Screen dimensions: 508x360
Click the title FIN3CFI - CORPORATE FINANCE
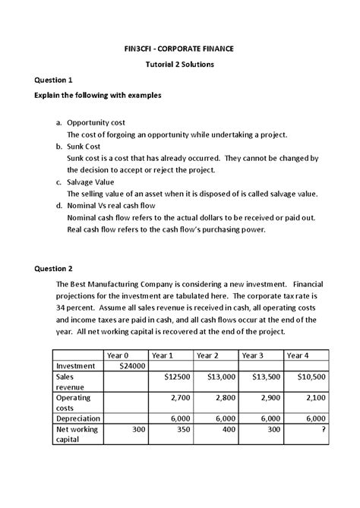[x=180, y=49]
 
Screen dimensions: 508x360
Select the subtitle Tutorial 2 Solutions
[x=180, y=65]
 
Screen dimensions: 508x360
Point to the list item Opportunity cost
[x=97, y=122]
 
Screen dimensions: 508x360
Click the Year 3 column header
[x=255, y=355]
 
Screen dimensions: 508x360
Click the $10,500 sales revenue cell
[x=311, y=377]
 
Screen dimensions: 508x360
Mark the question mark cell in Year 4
[x=323, y=429]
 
